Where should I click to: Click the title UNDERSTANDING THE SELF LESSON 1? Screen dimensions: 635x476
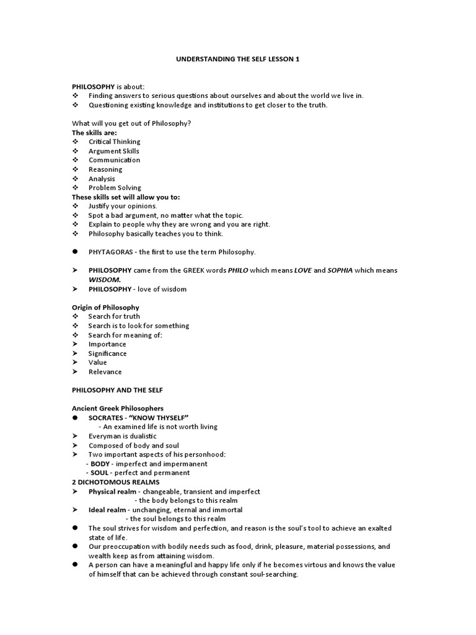click(238, 59)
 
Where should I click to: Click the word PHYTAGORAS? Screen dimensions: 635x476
click(111, 252)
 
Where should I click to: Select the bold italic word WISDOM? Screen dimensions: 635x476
click(105, 280)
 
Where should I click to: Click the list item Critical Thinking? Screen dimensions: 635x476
click(115, 141)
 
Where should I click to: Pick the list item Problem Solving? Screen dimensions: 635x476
click(115, 187)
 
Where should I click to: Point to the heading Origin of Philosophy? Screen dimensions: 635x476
click(105, 308)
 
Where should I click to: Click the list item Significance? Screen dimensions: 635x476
click(108, 353)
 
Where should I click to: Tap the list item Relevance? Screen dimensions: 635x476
click(105, 372)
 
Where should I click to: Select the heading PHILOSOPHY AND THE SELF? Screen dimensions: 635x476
click(118, 390)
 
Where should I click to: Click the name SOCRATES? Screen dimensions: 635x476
click(109, 417)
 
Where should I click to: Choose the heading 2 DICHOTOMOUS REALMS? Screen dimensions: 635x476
click(116, 482)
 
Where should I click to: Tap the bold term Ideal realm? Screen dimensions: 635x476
click(107, 510)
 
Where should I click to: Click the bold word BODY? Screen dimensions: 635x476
click(100, 464)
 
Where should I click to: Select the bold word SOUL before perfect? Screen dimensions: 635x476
click(100, 473)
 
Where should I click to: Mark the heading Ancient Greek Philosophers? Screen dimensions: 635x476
click(118, 409)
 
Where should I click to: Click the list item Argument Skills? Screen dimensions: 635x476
click(114, 151)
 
